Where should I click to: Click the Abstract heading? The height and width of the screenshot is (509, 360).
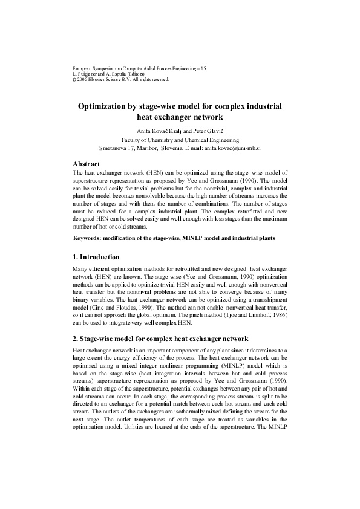point(86,164)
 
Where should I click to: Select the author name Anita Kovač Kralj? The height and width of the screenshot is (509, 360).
point(164,129)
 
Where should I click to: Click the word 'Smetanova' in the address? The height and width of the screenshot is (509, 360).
point(113,147)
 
